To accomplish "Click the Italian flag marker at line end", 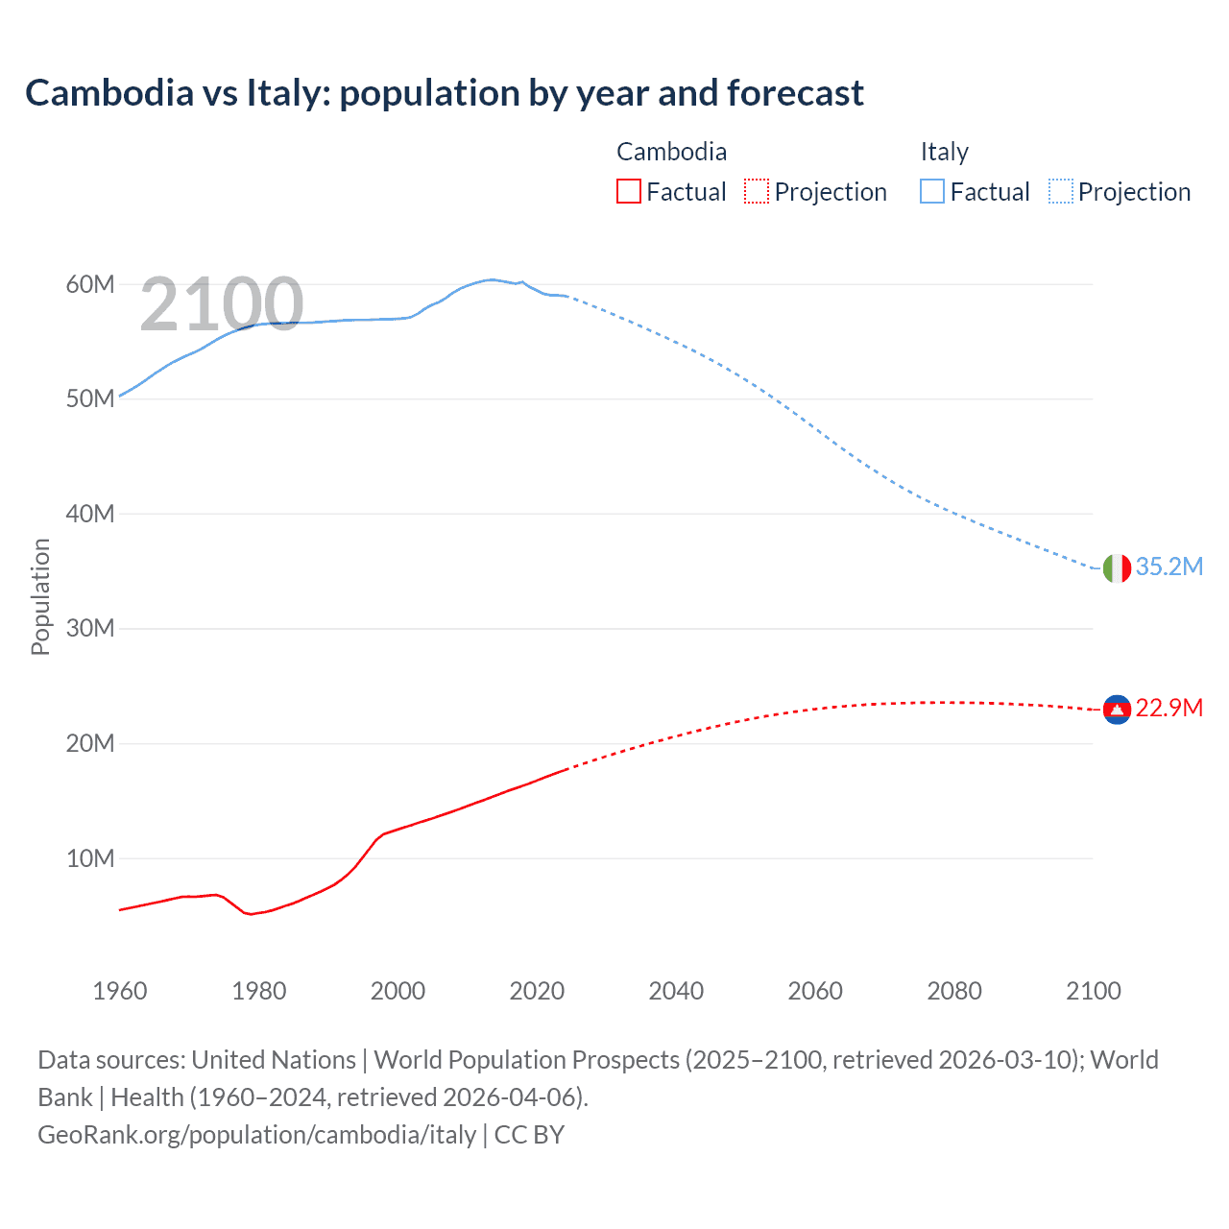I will pos(1117,568).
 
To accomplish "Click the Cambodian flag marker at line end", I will pos(1117,710).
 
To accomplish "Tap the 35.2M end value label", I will pos(1169,566).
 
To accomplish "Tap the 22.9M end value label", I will pos(1169,708).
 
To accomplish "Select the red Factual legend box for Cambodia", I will pos(628,191).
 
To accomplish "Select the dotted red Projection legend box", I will pos(757,191).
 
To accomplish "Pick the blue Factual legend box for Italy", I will pos(932,191).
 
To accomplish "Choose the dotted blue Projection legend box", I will pos(1060,191).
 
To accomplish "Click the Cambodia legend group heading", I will pos(671,152).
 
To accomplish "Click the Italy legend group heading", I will pos(944,152).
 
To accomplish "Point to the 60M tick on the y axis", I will pos(90,284).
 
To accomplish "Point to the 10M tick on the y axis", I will pos(90,858).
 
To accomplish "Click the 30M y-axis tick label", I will pos(90,629).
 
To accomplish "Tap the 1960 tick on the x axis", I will pos(120,991).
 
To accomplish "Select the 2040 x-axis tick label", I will pos(676,991).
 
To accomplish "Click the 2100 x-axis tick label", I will pos(1093,991).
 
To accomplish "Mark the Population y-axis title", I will pos(40,596).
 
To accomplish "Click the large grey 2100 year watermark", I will pos(222,305).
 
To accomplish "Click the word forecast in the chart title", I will pos(795,93).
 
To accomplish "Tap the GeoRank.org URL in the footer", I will pos(256,1135).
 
